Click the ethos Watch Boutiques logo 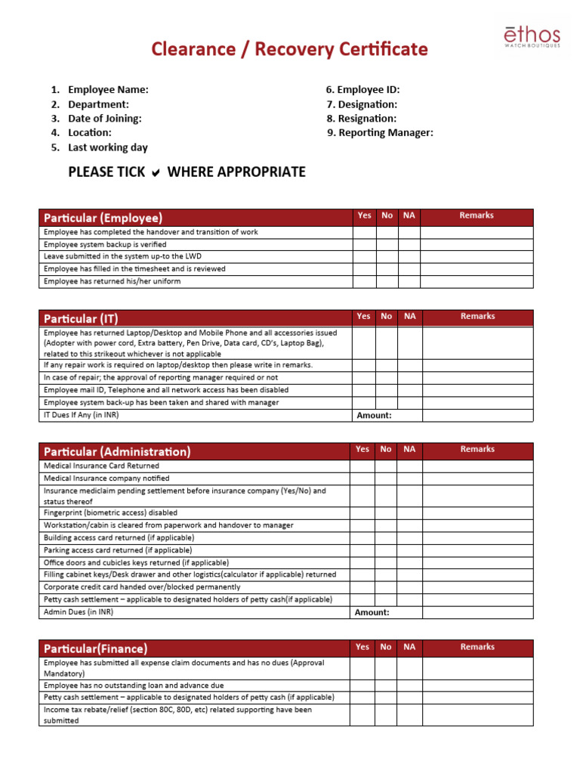(532, 37)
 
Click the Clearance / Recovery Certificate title (289, 50)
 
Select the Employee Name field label (108, 90)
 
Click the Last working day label (107, 147)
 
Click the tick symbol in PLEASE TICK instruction (156, 173)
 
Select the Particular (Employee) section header (103, 218)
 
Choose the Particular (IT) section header (81, 319)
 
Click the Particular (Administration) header (116, 452)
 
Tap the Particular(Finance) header (95, 649)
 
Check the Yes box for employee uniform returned (364, 282)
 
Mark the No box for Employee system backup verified (387, 245)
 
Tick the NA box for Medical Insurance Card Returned (409, 466)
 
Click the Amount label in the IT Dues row (373, 416)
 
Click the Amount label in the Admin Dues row (372, 613)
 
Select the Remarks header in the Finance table (477, 647)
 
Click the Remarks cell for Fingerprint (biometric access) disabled (477, 512)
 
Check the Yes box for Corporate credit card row (362, 587)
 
